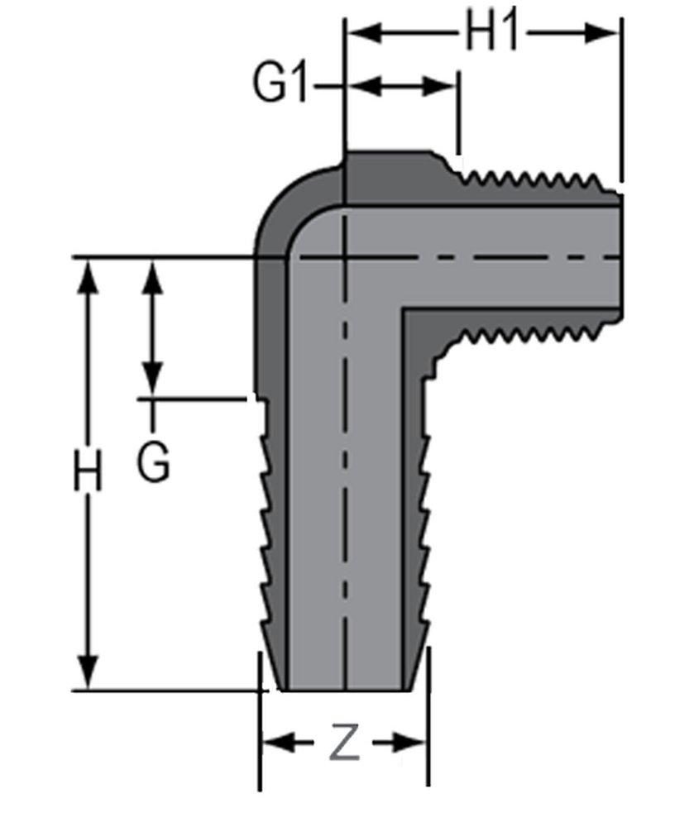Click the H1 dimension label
tap(493, 33)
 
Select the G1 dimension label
tap(280, 85)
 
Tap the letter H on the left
tap(88, 473)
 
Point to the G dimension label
tap(154, 463)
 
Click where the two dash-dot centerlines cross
tap(343, 258)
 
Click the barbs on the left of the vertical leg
tap(266, 529)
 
